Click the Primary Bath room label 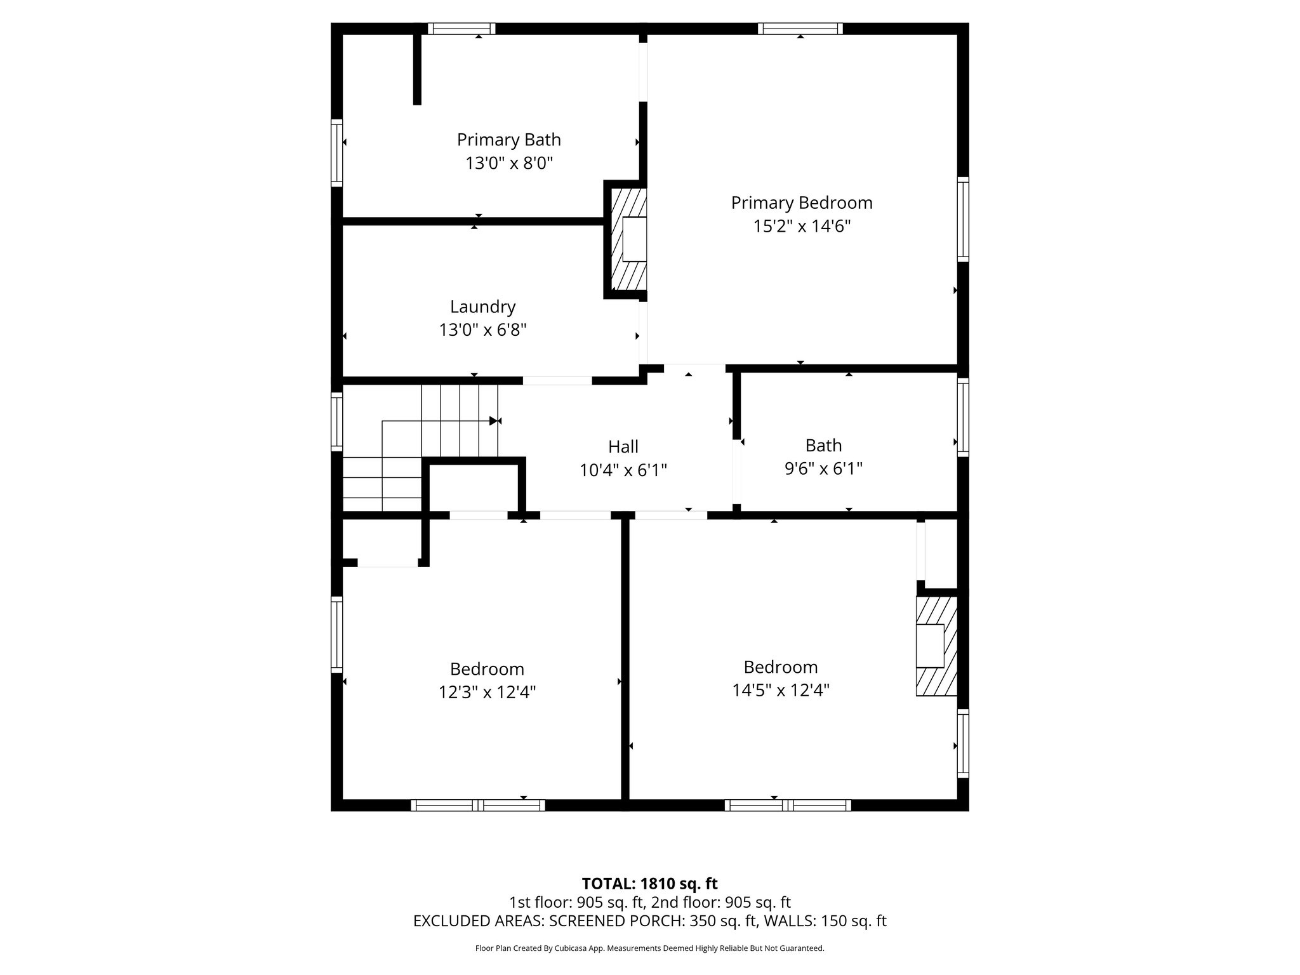tap(508, 140)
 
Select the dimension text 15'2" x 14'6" tap(801, 227)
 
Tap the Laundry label tap(482, 307)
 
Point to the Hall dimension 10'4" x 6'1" tap(623, 470)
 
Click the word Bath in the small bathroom tap(823, 446)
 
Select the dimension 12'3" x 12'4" tap(487, 693)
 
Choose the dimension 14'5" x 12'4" tap(781, 690)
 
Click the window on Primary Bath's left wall tap(337, 153)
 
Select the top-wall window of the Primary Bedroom tap(800, 29)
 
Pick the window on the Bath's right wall tap(963, 417)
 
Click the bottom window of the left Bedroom tap(478, 806)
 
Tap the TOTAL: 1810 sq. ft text tap(649, 884)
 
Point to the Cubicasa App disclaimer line tap(649, 948)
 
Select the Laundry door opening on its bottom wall tap(557, 381)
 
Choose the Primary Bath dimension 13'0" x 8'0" tap(508, 164)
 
